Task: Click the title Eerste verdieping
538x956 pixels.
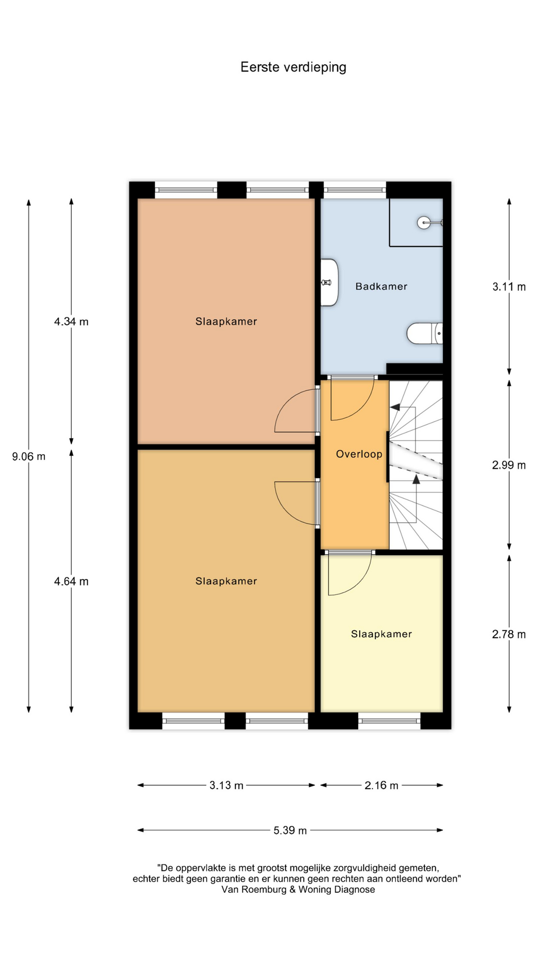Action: [293, 67]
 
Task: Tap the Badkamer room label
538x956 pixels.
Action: [382, 286]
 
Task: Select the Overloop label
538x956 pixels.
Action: [359, 454]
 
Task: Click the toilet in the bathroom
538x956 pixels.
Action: [424, 333]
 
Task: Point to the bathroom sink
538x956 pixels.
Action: [329, 282]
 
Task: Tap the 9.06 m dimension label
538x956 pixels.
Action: [29, 456]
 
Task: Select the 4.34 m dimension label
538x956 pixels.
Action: [71, 322]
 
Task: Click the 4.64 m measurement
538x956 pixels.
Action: [71, 582]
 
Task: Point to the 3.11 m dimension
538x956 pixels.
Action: [509, 287]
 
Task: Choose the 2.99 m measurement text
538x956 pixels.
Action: [509, 465]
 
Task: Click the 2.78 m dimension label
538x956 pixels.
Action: [509, 634]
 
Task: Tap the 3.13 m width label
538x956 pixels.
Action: [227, 785]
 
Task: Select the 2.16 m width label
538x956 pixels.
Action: [382, 785]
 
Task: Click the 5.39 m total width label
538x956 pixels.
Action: [290, 830]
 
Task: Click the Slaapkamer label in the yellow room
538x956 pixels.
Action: [382, 634]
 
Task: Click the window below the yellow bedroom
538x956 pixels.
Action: [390, 720]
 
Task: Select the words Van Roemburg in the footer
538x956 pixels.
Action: [254, 889]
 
